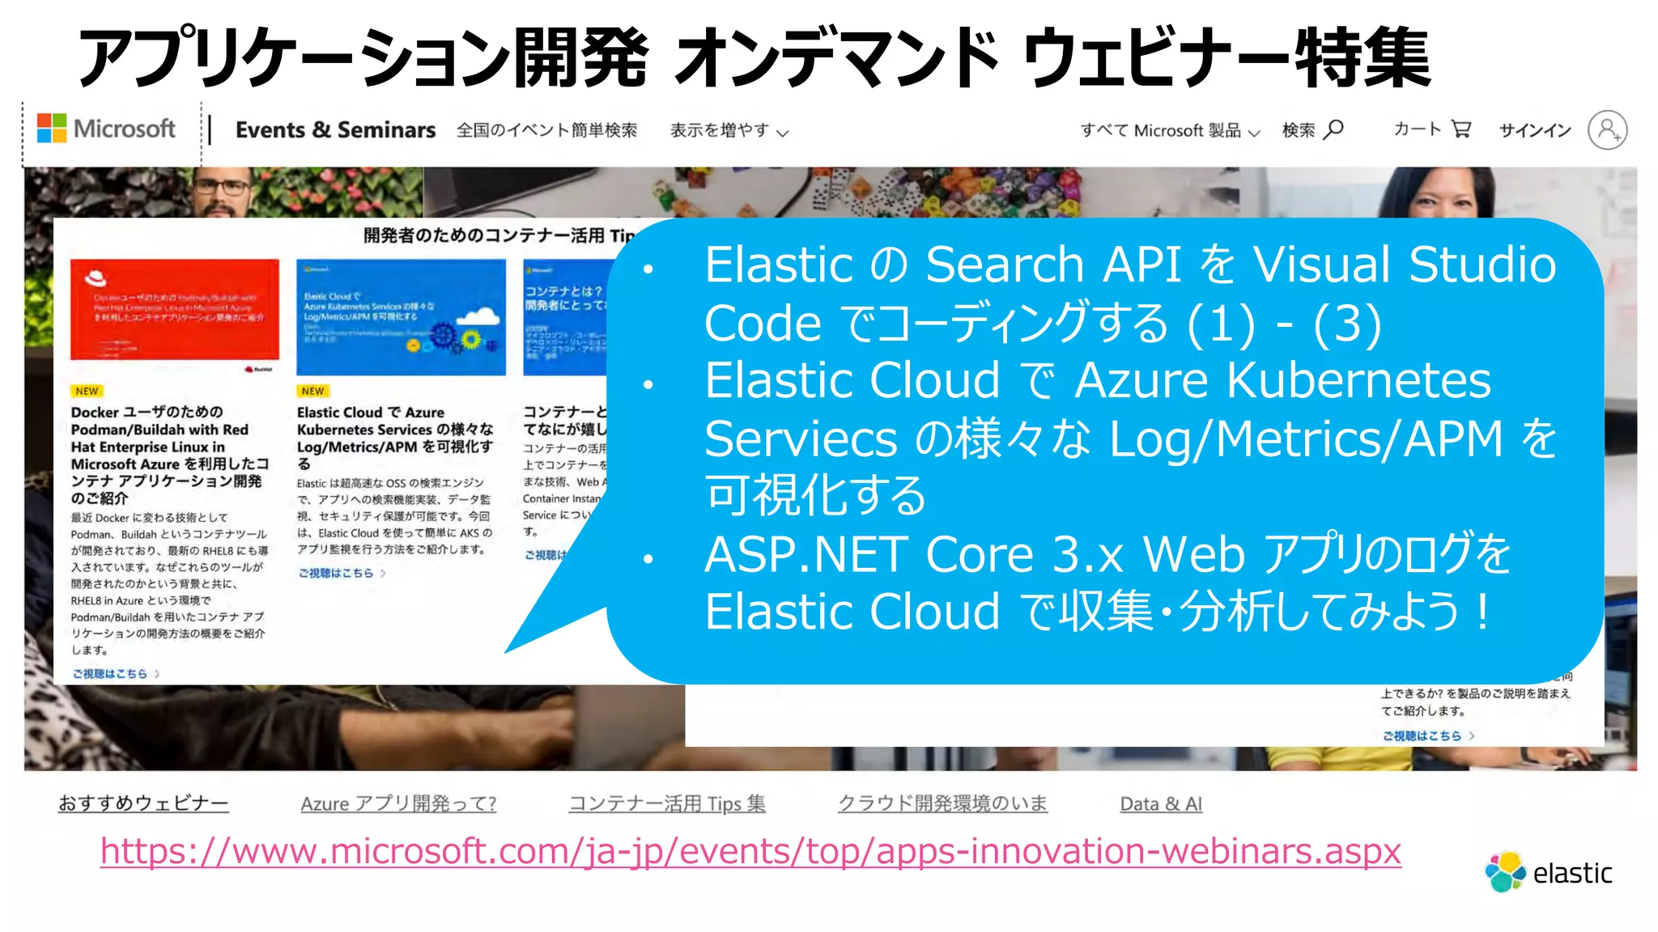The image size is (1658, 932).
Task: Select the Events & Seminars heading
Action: [x=335, y=130]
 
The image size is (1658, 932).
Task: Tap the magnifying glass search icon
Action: [x=1334, y=129]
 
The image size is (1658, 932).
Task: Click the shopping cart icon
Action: [x=1460, y=129]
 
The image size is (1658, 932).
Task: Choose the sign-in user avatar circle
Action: [x=1607, y=130]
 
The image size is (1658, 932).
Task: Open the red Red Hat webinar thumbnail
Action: [x=175, y=310]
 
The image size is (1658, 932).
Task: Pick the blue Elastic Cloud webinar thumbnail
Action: [x=401, y=317]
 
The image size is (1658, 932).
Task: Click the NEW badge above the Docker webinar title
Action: [x=87, y=392]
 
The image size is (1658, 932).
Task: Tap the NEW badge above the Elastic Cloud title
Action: [x=312, y=392]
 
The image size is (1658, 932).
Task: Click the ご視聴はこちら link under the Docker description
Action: [x=110, y=673]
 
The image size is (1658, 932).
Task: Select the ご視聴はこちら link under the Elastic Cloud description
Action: [x=336, y=573]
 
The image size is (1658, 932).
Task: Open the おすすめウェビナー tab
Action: [x=143, y=803]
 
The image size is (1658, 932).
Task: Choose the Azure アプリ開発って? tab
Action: [x=398, y=804]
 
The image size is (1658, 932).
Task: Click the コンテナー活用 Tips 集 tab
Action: [x=667, y=804]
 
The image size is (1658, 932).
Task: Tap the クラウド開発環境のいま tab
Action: [x=942, y=803]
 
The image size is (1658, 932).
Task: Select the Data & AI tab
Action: [x=1161, y=804]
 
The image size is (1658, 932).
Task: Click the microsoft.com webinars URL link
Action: [x=750, y=851]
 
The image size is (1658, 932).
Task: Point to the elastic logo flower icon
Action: [x=1505, y=872]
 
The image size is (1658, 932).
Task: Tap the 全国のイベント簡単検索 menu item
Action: [x=546, y=130]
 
